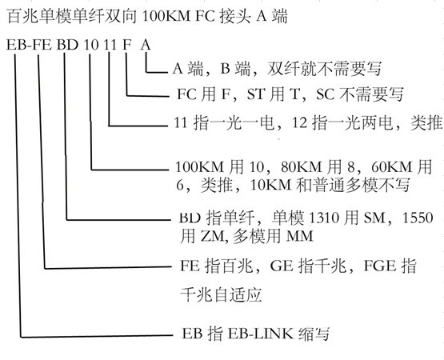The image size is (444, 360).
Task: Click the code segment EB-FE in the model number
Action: point(29,45)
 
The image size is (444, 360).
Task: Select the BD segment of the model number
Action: point(67,45)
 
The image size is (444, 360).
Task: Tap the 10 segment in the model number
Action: point(91,45)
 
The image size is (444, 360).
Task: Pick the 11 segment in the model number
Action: point(110,45)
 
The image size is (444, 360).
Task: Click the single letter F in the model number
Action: point(127,45)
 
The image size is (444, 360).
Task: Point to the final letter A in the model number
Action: point(146,45)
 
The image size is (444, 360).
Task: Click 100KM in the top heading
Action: point(166,16)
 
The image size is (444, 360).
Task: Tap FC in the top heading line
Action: point(206,16)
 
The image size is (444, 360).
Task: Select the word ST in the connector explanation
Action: point(256,94)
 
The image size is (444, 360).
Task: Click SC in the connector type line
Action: point(326,94)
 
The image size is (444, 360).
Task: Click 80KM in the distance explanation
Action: point(302,167)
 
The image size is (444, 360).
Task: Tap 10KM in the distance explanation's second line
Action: point(270,186)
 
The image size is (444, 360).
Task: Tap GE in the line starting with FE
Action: point(282,266)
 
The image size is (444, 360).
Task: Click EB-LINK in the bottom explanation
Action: point(261,334)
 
